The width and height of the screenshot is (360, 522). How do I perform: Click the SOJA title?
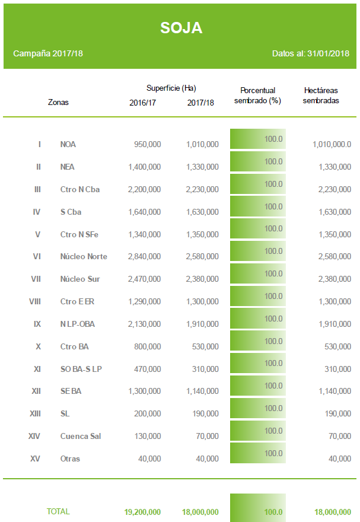[181, 28]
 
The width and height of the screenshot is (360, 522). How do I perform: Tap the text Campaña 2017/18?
[48, 53]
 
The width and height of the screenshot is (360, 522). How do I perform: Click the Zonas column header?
[58, 102]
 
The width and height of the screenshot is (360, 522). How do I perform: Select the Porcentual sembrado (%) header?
[257, 96]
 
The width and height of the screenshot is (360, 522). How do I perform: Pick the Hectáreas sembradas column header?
[321, 96]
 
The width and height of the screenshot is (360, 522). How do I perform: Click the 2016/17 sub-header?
[143, 103]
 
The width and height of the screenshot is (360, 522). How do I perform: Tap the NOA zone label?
[68, 144]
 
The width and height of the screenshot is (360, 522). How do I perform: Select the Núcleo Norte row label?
[84, 256]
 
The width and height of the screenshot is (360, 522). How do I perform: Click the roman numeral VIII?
[35, 301]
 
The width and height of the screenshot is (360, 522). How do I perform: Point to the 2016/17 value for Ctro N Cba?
[144, 189]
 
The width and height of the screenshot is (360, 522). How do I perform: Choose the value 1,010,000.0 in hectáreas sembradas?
[332, 144]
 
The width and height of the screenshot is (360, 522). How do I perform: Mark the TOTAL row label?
[58, 511]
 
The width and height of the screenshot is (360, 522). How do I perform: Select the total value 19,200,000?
[142, 512]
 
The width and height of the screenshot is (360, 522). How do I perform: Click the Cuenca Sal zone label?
[81, 436]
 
